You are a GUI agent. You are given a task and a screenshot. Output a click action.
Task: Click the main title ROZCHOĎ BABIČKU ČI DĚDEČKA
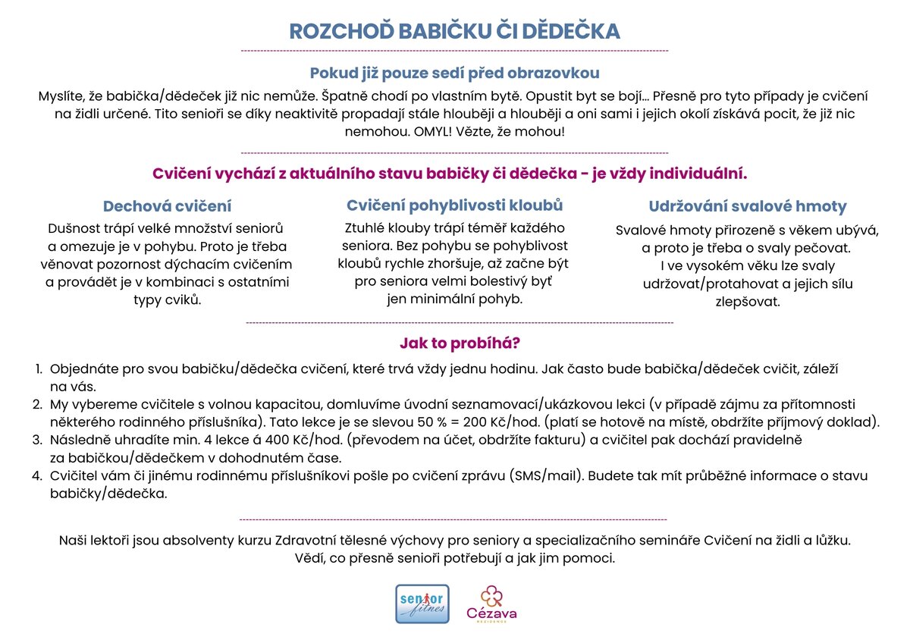click(454, 31)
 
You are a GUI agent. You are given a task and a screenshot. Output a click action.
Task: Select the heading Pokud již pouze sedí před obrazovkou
click(454, 74)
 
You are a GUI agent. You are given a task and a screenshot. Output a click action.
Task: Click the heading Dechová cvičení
click(167, 206)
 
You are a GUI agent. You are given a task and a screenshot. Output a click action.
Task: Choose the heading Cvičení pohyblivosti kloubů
click(454, 205)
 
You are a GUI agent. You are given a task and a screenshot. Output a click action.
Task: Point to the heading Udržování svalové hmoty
click(747, 206)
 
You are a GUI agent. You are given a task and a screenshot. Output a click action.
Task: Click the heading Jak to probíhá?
click(460, 343)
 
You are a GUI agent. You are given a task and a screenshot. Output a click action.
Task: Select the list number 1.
click(38, 369)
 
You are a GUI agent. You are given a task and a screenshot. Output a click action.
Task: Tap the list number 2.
click(37, 405)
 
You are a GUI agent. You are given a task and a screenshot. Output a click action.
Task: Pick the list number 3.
click(37, 440)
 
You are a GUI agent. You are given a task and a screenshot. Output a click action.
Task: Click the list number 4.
click(37, 476)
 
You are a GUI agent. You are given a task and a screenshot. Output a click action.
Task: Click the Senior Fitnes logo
click(422, 604)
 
